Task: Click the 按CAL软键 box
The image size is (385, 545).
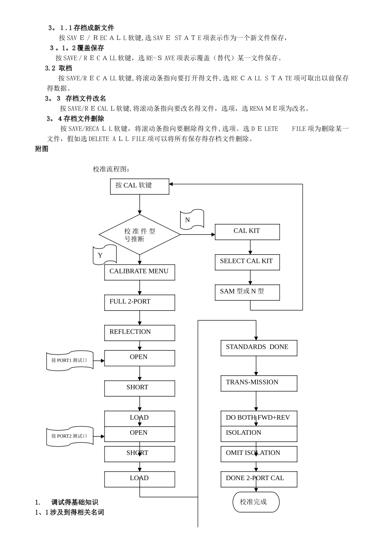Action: (139, 186)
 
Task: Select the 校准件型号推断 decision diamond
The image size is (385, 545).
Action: (139, 235)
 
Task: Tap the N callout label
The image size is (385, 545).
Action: (192, 219)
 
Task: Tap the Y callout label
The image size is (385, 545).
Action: (105, 255)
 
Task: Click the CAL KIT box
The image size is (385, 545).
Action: (247, 232)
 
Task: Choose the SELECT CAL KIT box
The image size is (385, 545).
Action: (247, 262)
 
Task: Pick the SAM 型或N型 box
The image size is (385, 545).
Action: (247, 292)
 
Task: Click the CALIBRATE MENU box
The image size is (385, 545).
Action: (139, 272)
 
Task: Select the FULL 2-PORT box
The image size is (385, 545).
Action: (139, 303)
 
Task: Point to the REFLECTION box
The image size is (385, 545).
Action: (139, 333)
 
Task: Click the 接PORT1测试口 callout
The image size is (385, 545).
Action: (70, 360)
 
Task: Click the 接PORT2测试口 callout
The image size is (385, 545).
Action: (70, 436)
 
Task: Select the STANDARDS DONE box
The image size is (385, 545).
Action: (259, 348)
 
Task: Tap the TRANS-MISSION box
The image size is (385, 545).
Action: (259, 383)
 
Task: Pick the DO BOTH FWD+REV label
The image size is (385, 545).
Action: (258, 418)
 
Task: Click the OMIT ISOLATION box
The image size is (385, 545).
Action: (259, 454)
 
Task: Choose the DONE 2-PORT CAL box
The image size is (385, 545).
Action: (259, 479)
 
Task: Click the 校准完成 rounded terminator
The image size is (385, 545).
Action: (256, 502)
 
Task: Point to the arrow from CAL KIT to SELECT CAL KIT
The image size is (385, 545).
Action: (250, 247)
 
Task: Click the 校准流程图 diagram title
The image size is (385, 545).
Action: (111, 169)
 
